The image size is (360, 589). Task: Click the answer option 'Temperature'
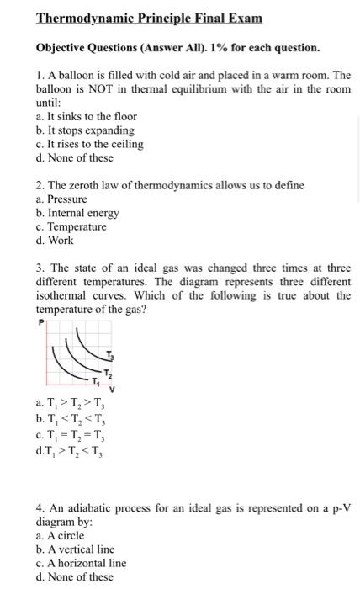[x=71, y=226]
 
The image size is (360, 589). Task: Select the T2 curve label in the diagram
[x=107, y=373]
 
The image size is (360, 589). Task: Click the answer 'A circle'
[x=60, y=535]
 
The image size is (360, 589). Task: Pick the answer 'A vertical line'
[x=75, y=549]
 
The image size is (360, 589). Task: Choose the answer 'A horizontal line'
[x=81, y=563]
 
